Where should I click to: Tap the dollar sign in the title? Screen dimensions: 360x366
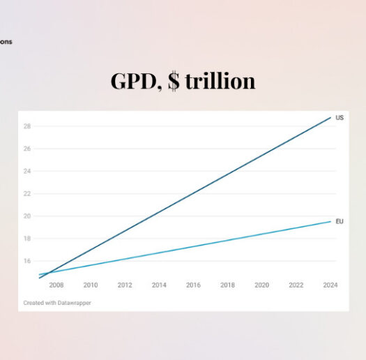(x=173, y=82)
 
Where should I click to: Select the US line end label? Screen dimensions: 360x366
(x=340, y=118)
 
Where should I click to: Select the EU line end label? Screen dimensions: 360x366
(x=340, y=221)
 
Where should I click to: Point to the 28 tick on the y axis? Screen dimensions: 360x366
(x=27, y=127)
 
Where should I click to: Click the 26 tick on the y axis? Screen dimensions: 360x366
(x=27, y=149)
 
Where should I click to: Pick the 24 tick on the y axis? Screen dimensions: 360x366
(x=27, y=172)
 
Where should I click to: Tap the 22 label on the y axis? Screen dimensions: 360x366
(x=27, y=194)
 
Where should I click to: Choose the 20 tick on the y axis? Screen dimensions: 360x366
(x=27, y=216)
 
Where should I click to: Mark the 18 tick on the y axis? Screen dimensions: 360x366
(x=27, y=239)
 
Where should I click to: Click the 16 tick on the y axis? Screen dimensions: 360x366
(x=27, y=261)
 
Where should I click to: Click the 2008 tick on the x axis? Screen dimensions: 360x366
(x=56, y=285)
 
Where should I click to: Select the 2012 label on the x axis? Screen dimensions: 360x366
(x=125, y=285)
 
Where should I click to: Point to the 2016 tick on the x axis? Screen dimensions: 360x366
(x=193, y=285)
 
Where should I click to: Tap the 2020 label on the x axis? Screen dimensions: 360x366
(x=261, y=285)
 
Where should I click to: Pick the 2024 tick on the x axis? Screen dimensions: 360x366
(x=330, y=285)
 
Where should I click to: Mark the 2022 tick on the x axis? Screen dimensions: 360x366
(x=296, y=285)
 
